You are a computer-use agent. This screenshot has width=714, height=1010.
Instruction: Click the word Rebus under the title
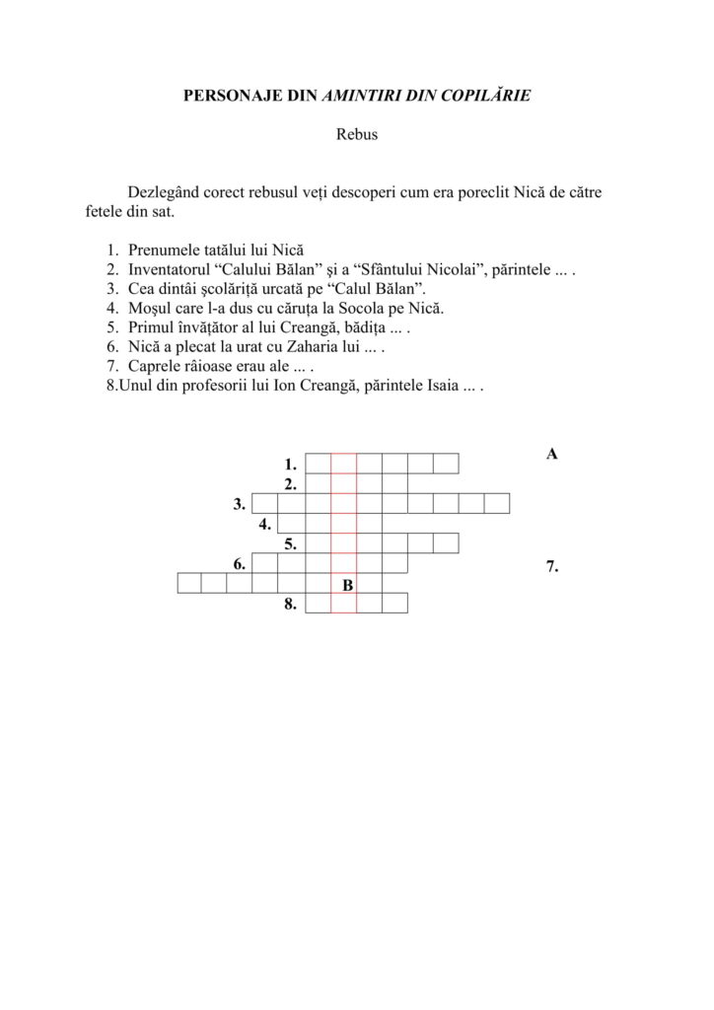357,135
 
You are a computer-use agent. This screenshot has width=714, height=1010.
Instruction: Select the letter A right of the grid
552,454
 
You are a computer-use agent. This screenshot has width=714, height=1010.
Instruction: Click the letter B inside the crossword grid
347,586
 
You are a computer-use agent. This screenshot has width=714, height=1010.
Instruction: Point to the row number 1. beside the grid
290,464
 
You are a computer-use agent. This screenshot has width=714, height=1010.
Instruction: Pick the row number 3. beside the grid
240,504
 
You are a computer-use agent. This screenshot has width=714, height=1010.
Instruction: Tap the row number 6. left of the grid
240,564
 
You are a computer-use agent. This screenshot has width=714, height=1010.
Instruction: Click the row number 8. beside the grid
290,604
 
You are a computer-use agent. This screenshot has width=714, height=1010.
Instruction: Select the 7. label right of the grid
552,566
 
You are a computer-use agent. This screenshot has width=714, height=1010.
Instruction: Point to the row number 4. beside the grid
265,524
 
